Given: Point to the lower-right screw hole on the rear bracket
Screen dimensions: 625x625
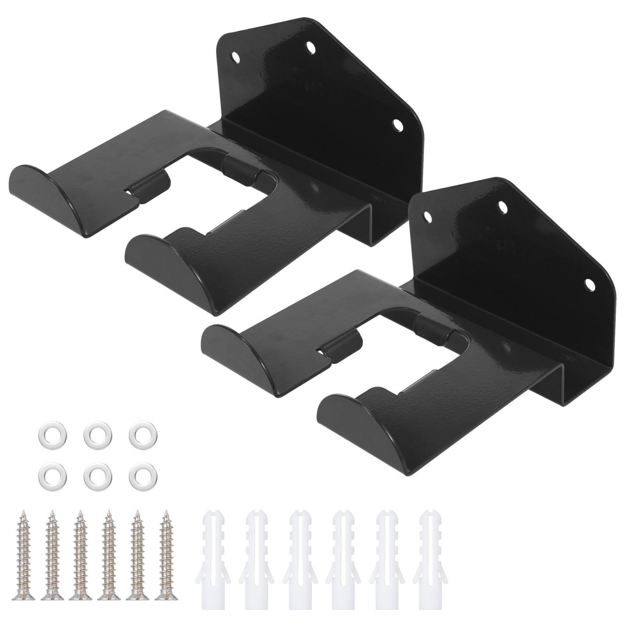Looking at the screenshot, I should pyautogui.click(x=397, y=125).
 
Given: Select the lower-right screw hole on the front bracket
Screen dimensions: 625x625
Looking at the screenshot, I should pyautogui.click(x=589, y=284).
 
